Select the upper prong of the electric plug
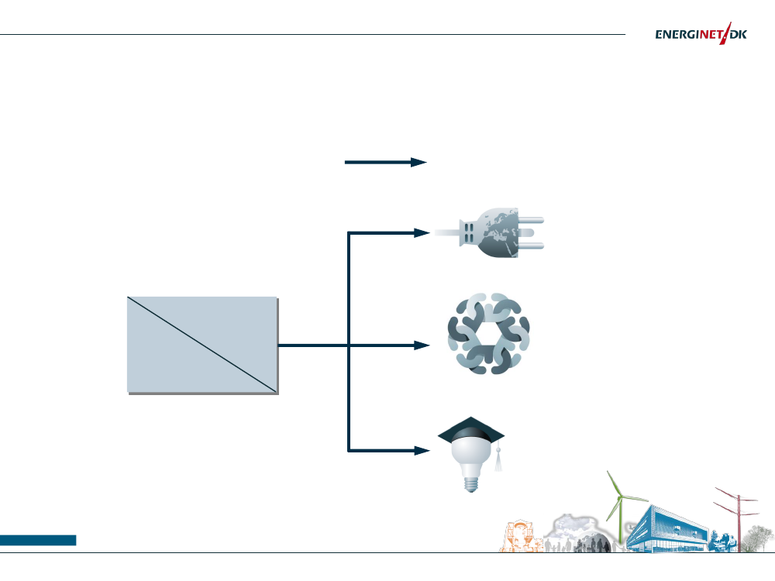tap(535, 220)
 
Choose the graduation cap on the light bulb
tap(471, 430)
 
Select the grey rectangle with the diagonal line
tap(201, 345)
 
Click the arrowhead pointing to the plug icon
tap(421, 232)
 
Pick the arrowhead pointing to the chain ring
tap(421, 346)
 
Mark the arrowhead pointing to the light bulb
tap(421, 450)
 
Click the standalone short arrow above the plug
tap(385, 162)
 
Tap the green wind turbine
tap(619, 507)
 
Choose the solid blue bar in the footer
tap(38, 540)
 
